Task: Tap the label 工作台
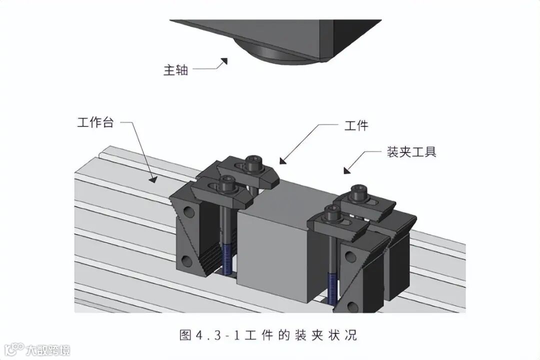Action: tap(95, 122)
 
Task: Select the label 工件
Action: tap(356, 125)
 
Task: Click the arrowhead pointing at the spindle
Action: tap(223, 61)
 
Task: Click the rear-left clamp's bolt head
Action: tap(253, 161)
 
